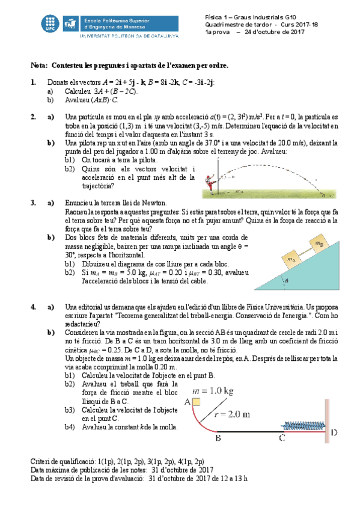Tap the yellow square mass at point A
point(197,402)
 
